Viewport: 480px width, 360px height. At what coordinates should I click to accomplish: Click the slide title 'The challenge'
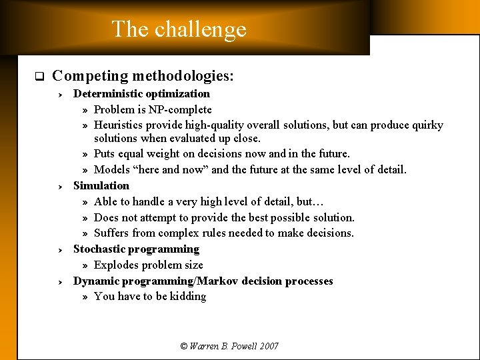click(179, 29)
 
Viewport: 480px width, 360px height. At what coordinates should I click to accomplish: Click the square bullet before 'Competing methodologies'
click(39, 76)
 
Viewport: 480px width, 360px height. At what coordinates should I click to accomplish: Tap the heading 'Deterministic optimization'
click(141, 94)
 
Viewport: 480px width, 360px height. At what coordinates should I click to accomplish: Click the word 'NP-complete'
click(181, 110)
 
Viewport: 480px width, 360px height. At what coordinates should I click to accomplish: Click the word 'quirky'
click(427, 125)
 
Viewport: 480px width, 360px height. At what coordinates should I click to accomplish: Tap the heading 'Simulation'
click(101, 185)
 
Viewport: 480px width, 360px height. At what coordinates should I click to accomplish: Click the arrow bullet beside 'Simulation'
click(59, 186)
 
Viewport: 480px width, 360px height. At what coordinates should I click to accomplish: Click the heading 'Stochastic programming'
click(136, 249)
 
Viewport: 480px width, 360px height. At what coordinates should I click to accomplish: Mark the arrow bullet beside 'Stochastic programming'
click(59, 250)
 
